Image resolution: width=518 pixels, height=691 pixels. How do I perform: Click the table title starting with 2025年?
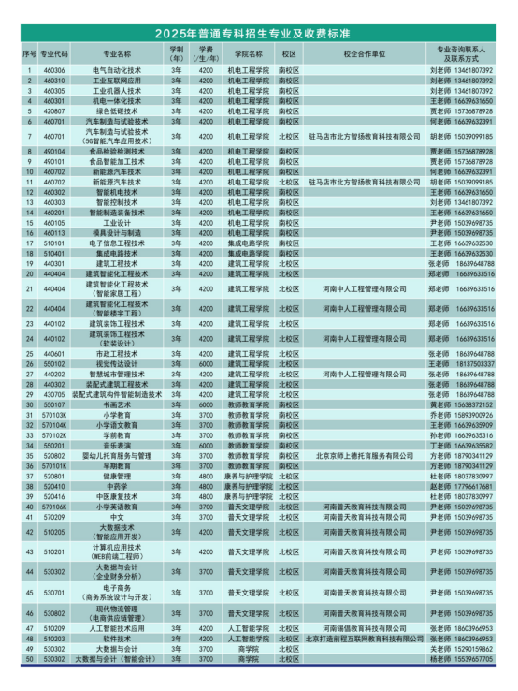[259, 34]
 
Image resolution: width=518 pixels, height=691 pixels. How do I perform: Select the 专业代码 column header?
[53, 54]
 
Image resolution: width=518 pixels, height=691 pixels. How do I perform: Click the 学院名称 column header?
[250, 54]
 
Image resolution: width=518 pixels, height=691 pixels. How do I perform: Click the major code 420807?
[53, 110]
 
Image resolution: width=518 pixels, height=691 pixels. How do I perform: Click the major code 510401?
[53, 253]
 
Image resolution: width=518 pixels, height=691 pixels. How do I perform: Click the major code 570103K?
[53, 415]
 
